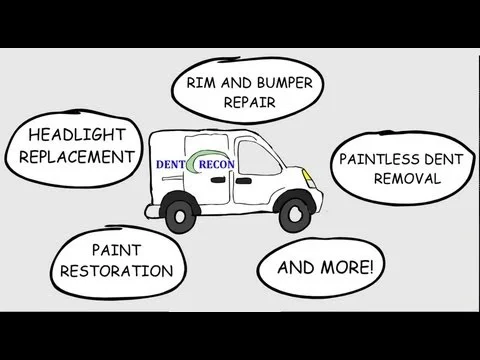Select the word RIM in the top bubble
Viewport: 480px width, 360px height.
(x=196, y=83)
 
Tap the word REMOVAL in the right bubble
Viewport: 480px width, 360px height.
(x=407, y=178)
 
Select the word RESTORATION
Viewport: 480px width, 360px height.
(x=117, y=270)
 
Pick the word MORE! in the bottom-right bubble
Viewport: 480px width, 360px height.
(x=348, y=267)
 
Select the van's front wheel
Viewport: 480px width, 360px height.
(x=295, y=211)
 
